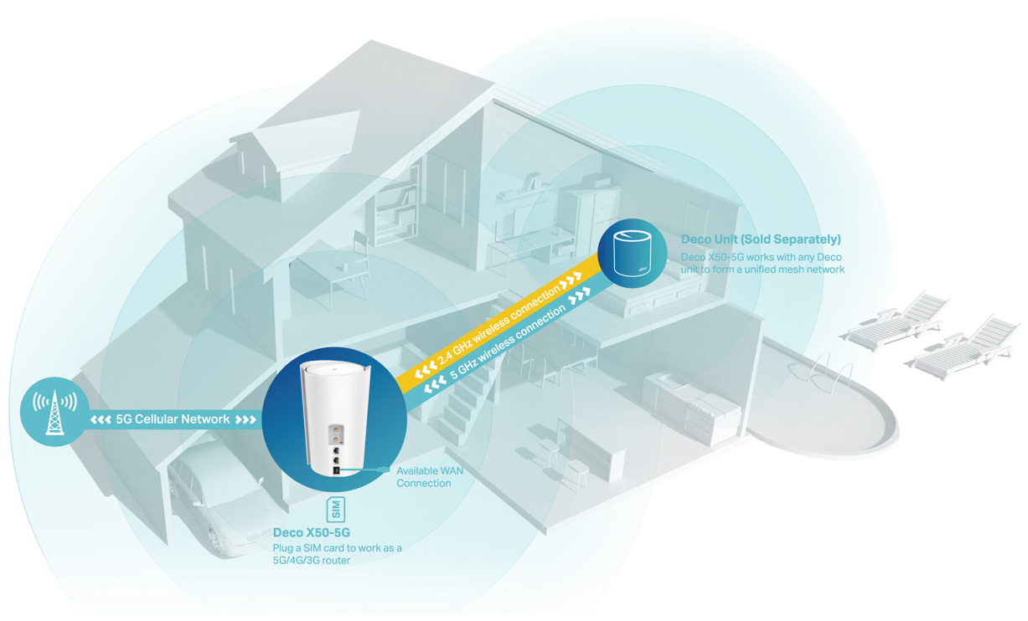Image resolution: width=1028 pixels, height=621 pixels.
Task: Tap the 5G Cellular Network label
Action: tap(173, 419)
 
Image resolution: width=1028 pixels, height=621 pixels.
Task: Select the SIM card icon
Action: tap(335, 509)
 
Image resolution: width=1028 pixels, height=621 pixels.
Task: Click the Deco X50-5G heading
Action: tap(311, 532)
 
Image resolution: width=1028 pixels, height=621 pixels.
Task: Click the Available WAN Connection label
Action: tap(429, 477)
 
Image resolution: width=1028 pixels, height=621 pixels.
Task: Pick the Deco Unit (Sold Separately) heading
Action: tap(761, 239)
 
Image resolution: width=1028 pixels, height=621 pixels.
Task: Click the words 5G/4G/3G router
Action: tap(312, 560)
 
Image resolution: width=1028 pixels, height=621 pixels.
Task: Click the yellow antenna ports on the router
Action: tap(334, 434)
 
